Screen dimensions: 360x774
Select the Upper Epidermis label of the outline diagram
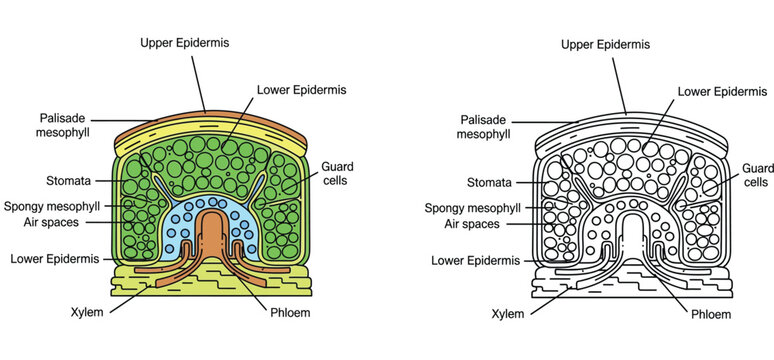pos(605,45)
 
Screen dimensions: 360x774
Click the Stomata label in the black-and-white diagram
pos(491,182)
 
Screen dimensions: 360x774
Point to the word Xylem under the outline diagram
pos(510,313)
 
